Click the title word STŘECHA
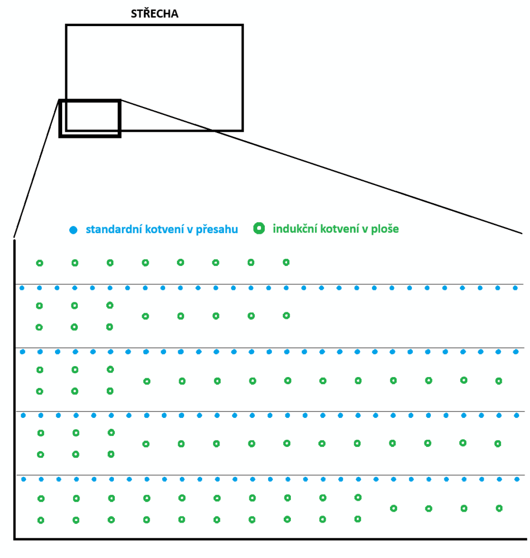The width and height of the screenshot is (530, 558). click(154, 14)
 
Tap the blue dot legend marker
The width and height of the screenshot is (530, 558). click(73, 230)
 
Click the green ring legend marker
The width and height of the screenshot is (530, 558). click(260, 229)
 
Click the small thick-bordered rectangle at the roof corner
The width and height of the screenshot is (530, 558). click(90, 118)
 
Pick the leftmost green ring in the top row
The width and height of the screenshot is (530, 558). click(39, 263)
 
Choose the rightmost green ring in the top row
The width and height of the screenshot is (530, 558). click(286, 262)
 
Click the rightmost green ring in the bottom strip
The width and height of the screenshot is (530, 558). click(499, 508)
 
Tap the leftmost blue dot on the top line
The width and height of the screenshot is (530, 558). click(22, 288)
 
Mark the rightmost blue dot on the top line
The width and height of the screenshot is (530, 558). click(515, 287)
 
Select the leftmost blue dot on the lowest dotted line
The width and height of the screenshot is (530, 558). click(23, 480)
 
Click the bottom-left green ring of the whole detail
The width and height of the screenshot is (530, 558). click(41, 520)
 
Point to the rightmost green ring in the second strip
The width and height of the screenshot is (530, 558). click(287, 315)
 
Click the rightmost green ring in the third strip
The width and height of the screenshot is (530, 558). click(498, 381)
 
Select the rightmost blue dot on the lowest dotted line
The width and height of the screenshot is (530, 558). click(516, 480)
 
